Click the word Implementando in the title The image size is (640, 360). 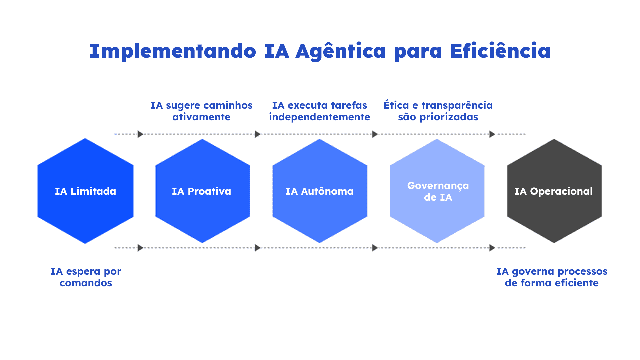pyautogui.click(x=173, y=52)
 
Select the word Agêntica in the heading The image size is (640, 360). pyautogui.click(x=340, y=52)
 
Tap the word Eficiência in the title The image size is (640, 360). pyautogui.click(x=500, y=52)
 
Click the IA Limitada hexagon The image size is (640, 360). pyautogui.click(x=85, y=191)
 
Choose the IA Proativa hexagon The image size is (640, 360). pyautogui.click(x=202, y=191)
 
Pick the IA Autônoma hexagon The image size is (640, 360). pyautogui.click(x=320, y=191)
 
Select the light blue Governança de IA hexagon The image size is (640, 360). pyautogui.click(x=437, y=191)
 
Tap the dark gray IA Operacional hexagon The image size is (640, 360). pyautogui.click(x=554, y=191)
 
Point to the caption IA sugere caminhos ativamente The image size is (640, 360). pyautogui.click(x=201, y=111)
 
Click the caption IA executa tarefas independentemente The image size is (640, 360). pyautogui.click(x=319, y=111)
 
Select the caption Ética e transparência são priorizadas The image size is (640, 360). pyautogui.click(x=438, y=111)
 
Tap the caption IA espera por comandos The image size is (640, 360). pyautogui.click(x=86, y=277)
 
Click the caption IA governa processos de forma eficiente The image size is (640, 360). pyautogui.click(x=552, y=277)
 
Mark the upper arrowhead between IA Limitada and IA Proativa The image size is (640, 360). pyautogui.click(x=140, y=134)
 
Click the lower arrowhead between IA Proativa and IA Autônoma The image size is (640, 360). pyautogui.click(x=257, y=248)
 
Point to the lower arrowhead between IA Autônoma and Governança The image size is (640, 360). pyautogui.click(x=375, y=248)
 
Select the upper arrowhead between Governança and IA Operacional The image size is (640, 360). pyautogui.click(x=492, y=134)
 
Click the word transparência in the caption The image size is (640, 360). pyautogui.click(x=457, y=105)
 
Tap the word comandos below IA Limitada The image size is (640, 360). pyautogui.click(x=86, y=283)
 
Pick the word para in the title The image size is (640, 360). pyautogui.click(x=418, y=52)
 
